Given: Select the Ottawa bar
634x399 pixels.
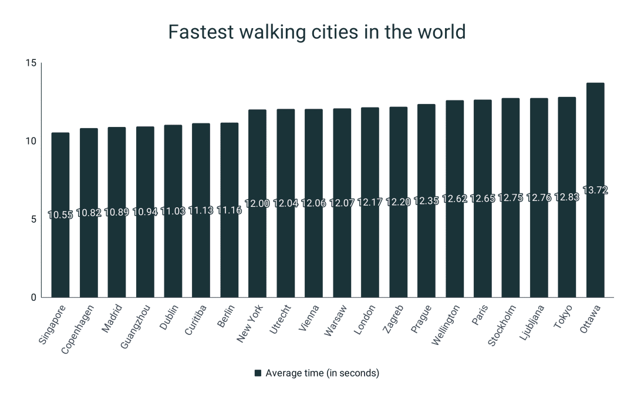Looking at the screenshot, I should pyautogui.click(x=595, y=247).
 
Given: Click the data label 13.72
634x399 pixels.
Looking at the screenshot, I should pyautogui.click(x=595, y=190).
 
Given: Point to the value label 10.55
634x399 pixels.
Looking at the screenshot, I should pyautogui.click(x=60, y=215).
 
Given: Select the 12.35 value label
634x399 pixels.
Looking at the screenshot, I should pyautogui.click(x=426, y=201).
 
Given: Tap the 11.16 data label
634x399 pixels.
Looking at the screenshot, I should pyautogui.click(x=229, y=210).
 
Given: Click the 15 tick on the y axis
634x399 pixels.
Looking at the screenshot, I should pyautogui.click(x=31, y=63).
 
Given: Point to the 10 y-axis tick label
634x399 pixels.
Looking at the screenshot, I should pyautogui.click(x=31, y=141).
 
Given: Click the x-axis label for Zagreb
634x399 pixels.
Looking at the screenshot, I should pyautogui.click(x=393, y=320).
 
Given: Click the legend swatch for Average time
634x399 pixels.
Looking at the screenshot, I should pyautogui.click(x=257, y=373).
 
